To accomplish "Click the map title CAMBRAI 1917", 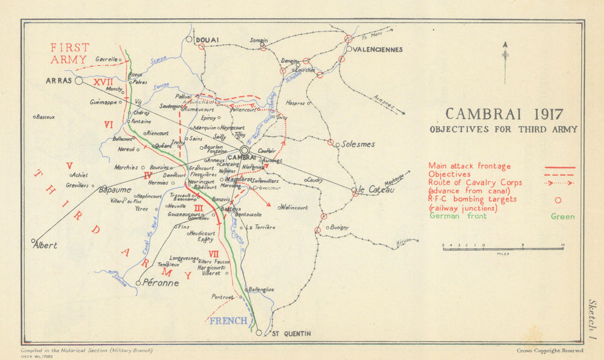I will tap(504, 114).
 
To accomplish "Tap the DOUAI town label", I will tap(207, 40).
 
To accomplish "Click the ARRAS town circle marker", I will tap(79, 80).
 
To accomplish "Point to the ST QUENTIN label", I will tap(291, 333).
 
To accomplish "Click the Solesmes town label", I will tap(358, 144).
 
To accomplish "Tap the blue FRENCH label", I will tap(228, 321).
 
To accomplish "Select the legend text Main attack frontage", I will tap(469, 166).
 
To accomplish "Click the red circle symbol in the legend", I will tap(557, 200).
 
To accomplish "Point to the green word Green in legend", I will tap(562, 217).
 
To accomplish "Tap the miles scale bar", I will tap(503, 248).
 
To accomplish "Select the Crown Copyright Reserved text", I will tap(550, 350).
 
